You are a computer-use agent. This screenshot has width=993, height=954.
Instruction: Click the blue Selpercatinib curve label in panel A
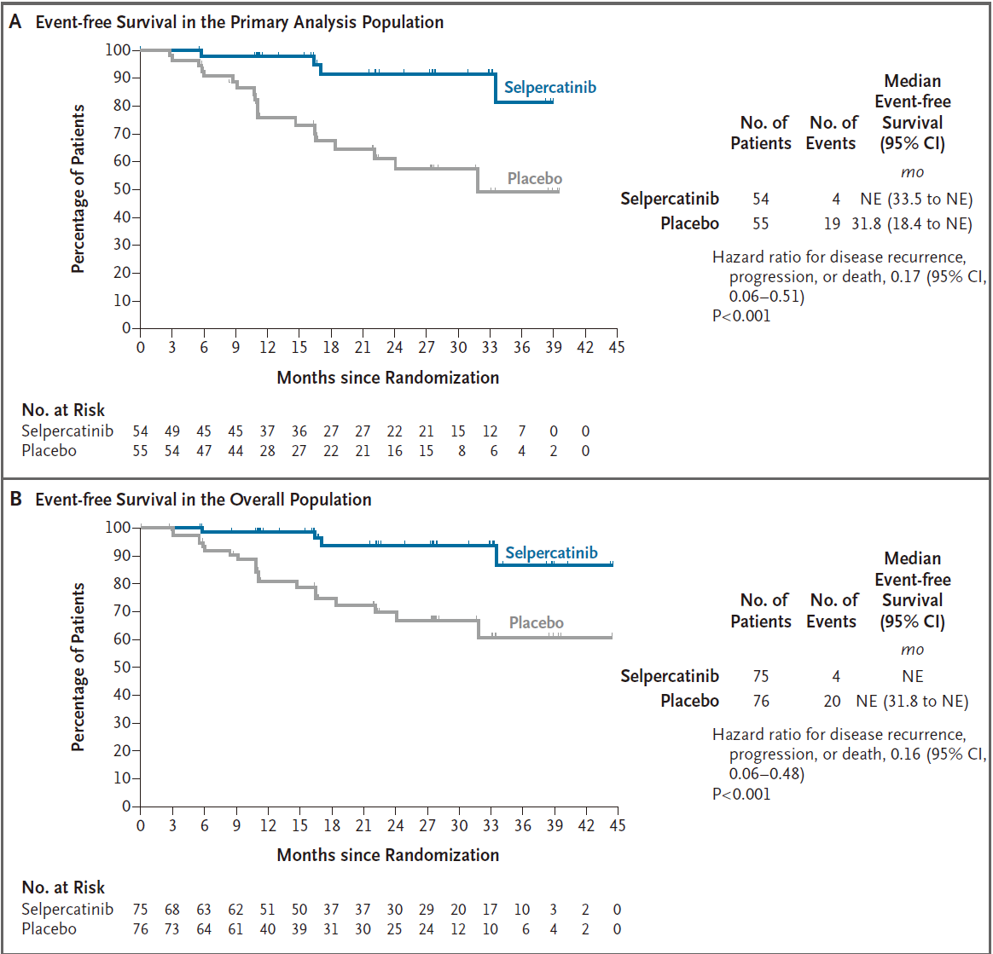(549, 87)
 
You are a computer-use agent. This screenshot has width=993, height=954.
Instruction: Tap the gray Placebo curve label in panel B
(536, 623)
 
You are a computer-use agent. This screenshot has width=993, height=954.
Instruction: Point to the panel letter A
(15, 22)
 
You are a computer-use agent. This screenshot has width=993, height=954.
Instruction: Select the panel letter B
(16, 500)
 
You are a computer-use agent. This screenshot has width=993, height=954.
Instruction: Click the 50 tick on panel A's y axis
(122, 189)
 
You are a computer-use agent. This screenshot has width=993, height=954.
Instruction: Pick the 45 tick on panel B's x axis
(618, 825)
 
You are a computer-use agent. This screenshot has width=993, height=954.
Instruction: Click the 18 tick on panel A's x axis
(331, 348)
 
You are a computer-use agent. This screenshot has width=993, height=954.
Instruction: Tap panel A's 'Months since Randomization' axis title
(387, 378)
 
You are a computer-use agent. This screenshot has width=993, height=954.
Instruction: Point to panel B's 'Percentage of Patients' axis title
(78, 668)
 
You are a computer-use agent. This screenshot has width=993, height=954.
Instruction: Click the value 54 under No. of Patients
(761, 199)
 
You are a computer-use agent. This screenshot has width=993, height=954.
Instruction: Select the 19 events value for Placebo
(832, 224)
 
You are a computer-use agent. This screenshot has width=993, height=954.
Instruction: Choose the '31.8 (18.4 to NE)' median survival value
(911, 224)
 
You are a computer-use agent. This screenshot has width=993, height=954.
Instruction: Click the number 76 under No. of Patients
(761, 702)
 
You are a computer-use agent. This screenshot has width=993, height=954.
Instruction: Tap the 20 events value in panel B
(832, 702)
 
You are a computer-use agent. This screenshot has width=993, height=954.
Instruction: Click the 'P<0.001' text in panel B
(741, 794)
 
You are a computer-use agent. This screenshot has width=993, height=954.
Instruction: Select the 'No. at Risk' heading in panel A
(63, 410)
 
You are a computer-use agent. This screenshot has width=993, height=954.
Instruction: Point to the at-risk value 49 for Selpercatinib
(172, 431)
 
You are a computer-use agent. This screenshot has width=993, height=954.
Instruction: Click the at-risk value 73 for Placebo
(172, 929)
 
